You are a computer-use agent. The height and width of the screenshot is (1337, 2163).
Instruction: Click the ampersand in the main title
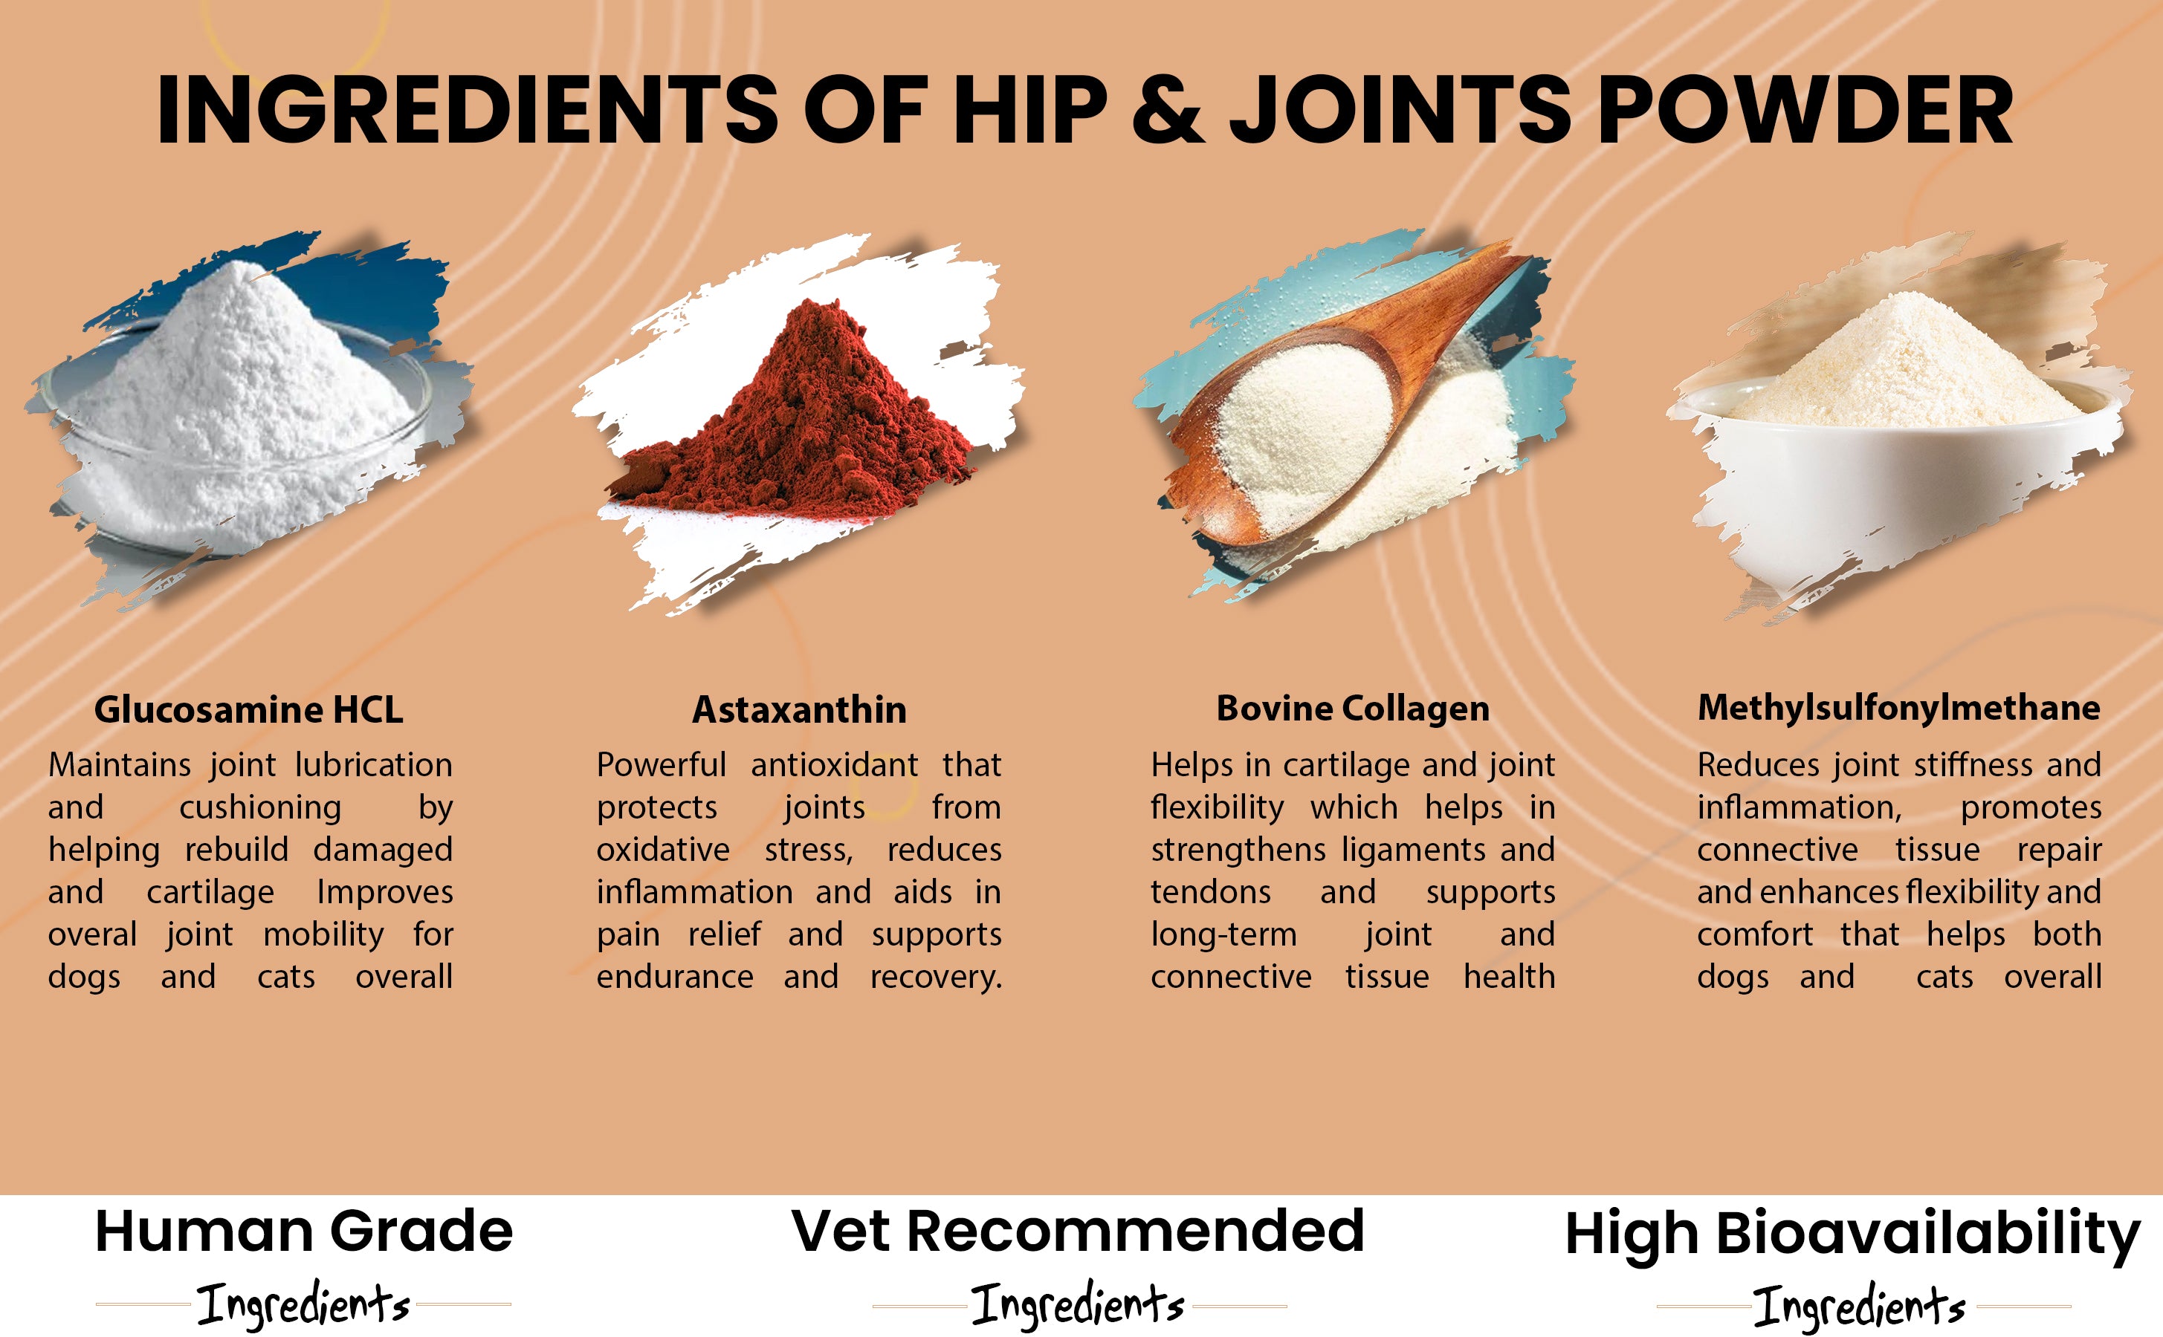[1168, 110]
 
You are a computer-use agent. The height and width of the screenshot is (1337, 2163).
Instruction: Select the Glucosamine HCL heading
[248, 709]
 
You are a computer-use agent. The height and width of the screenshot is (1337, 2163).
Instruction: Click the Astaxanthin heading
[800, 709]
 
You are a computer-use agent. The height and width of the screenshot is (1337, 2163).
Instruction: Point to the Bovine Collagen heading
[1353, 709]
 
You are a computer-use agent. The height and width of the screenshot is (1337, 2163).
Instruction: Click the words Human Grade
[303, 1232]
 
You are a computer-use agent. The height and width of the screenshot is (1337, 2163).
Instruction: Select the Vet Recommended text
[1078, 1230]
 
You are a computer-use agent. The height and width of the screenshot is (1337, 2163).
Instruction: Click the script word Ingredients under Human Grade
[303, 1304]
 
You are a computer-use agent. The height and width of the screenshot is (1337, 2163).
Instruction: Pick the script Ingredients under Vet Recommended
[1078, 1304]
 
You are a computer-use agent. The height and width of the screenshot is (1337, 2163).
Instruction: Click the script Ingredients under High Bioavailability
[1860, 1306]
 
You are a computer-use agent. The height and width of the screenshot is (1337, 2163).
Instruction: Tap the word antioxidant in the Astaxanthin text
[834, 765]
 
